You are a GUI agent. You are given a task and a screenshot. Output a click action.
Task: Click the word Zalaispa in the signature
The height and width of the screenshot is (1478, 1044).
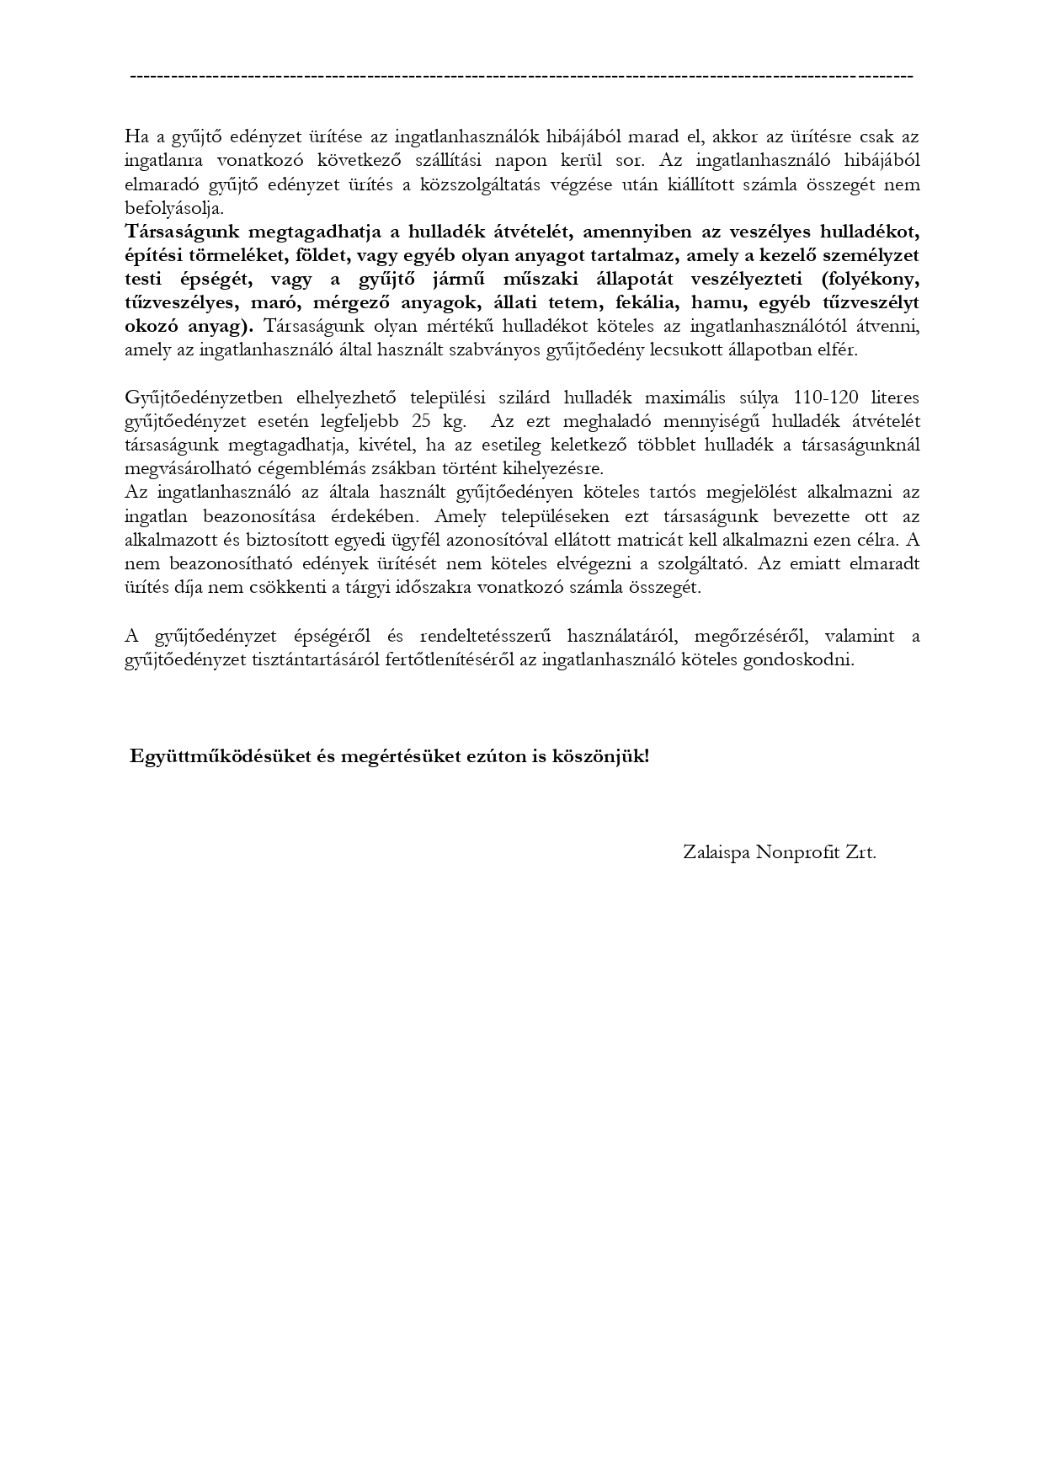[716, 852]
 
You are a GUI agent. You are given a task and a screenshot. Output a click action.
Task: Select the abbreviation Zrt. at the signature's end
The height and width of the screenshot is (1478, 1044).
[856, 852]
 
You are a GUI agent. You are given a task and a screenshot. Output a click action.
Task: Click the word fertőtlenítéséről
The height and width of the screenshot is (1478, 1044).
[450, 659]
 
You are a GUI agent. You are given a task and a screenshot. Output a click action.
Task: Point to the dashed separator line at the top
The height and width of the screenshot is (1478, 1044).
[522, 77]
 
